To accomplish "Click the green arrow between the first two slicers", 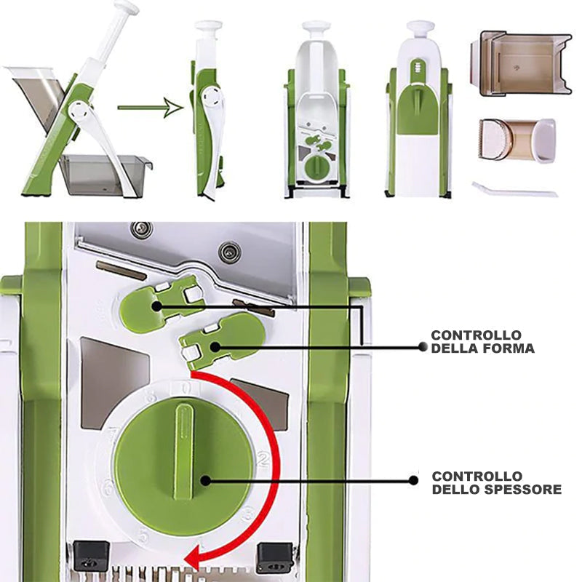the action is (151, 108).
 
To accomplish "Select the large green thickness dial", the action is (185, 468).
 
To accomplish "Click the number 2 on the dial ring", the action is (263, 460).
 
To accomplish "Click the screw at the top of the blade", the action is (142, 228).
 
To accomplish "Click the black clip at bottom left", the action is (91, 556).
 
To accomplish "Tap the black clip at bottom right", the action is (276, 558).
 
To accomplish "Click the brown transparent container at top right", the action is (521, 64).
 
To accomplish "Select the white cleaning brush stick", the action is (515, 190).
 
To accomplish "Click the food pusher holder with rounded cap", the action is (517, 140).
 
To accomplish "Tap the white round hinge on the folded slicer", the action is (212, 97).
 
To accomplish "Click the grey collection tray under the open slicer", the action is (105, 175).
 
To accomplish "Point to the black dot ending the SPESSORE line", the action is (413, 480).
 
